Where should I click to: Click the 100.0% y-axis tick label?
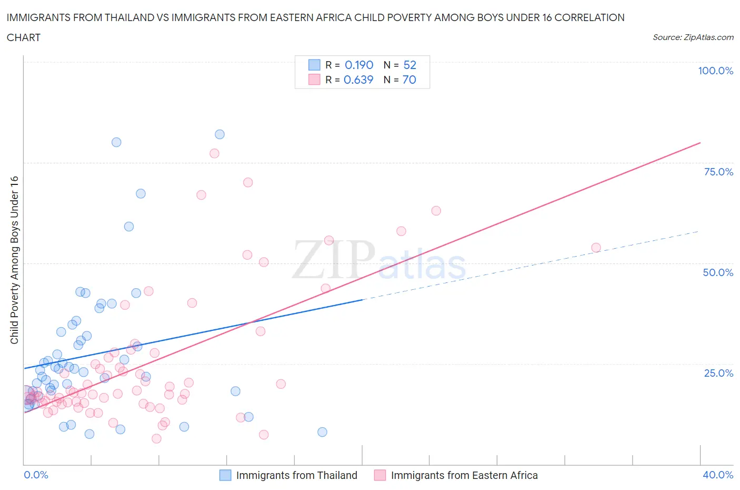pyautogui.click(x=715, y=71)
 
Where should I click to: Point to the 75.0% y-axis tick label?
pyautogui.click(x=718, y=172)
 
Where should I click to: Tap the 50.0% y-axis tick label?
pyautogui.click(x=718, y=272)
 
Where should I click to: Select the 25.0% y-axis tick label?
pyautogui.click(x=718, y=373)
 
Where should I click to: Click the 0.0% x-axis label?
pyautogui.click(x=36, y=475)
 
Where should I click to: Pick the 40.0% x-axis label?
pyautogui.click(x=718, y=475)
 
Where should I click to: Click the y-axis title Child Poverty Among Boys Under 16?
pyautogui.click(x=14, y=260)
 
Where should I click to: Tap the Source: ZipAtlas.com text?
pyautogui.click(x=693, y=37)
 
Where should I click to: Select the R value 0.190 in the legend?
pyautogui.click(x=359, y=65)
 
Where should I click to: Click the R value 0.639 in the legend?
pyautogui.click(x=358, y=80)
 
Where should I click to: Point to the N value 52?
pyautogui.click(x=409, y=65)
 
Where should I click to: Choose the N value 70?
pyautogui.click(x=409, y=80)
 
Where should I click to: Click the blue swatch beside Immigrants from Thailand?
pyautogui.click(x=225, y=475)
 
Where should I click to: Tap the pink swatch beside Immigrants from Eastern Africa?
pyautogui.click(x=380, y=475)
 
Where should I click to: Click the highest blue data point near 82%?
pyautogui.click(x=219, y=134)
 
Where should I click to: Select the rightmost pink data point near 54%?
pyautogui.click(x=596, y=248)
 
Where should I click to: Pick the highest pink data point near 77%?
pyautogui.click(x=214, y=153)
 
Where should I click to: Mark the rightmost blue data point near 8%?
pyautogui.click(x=322, y=432)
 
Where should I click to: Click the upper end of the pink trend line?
pyautogui.click(x=700, y=143)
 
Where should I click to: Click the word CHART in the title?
pyautogui.click(x=24, y=37)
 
